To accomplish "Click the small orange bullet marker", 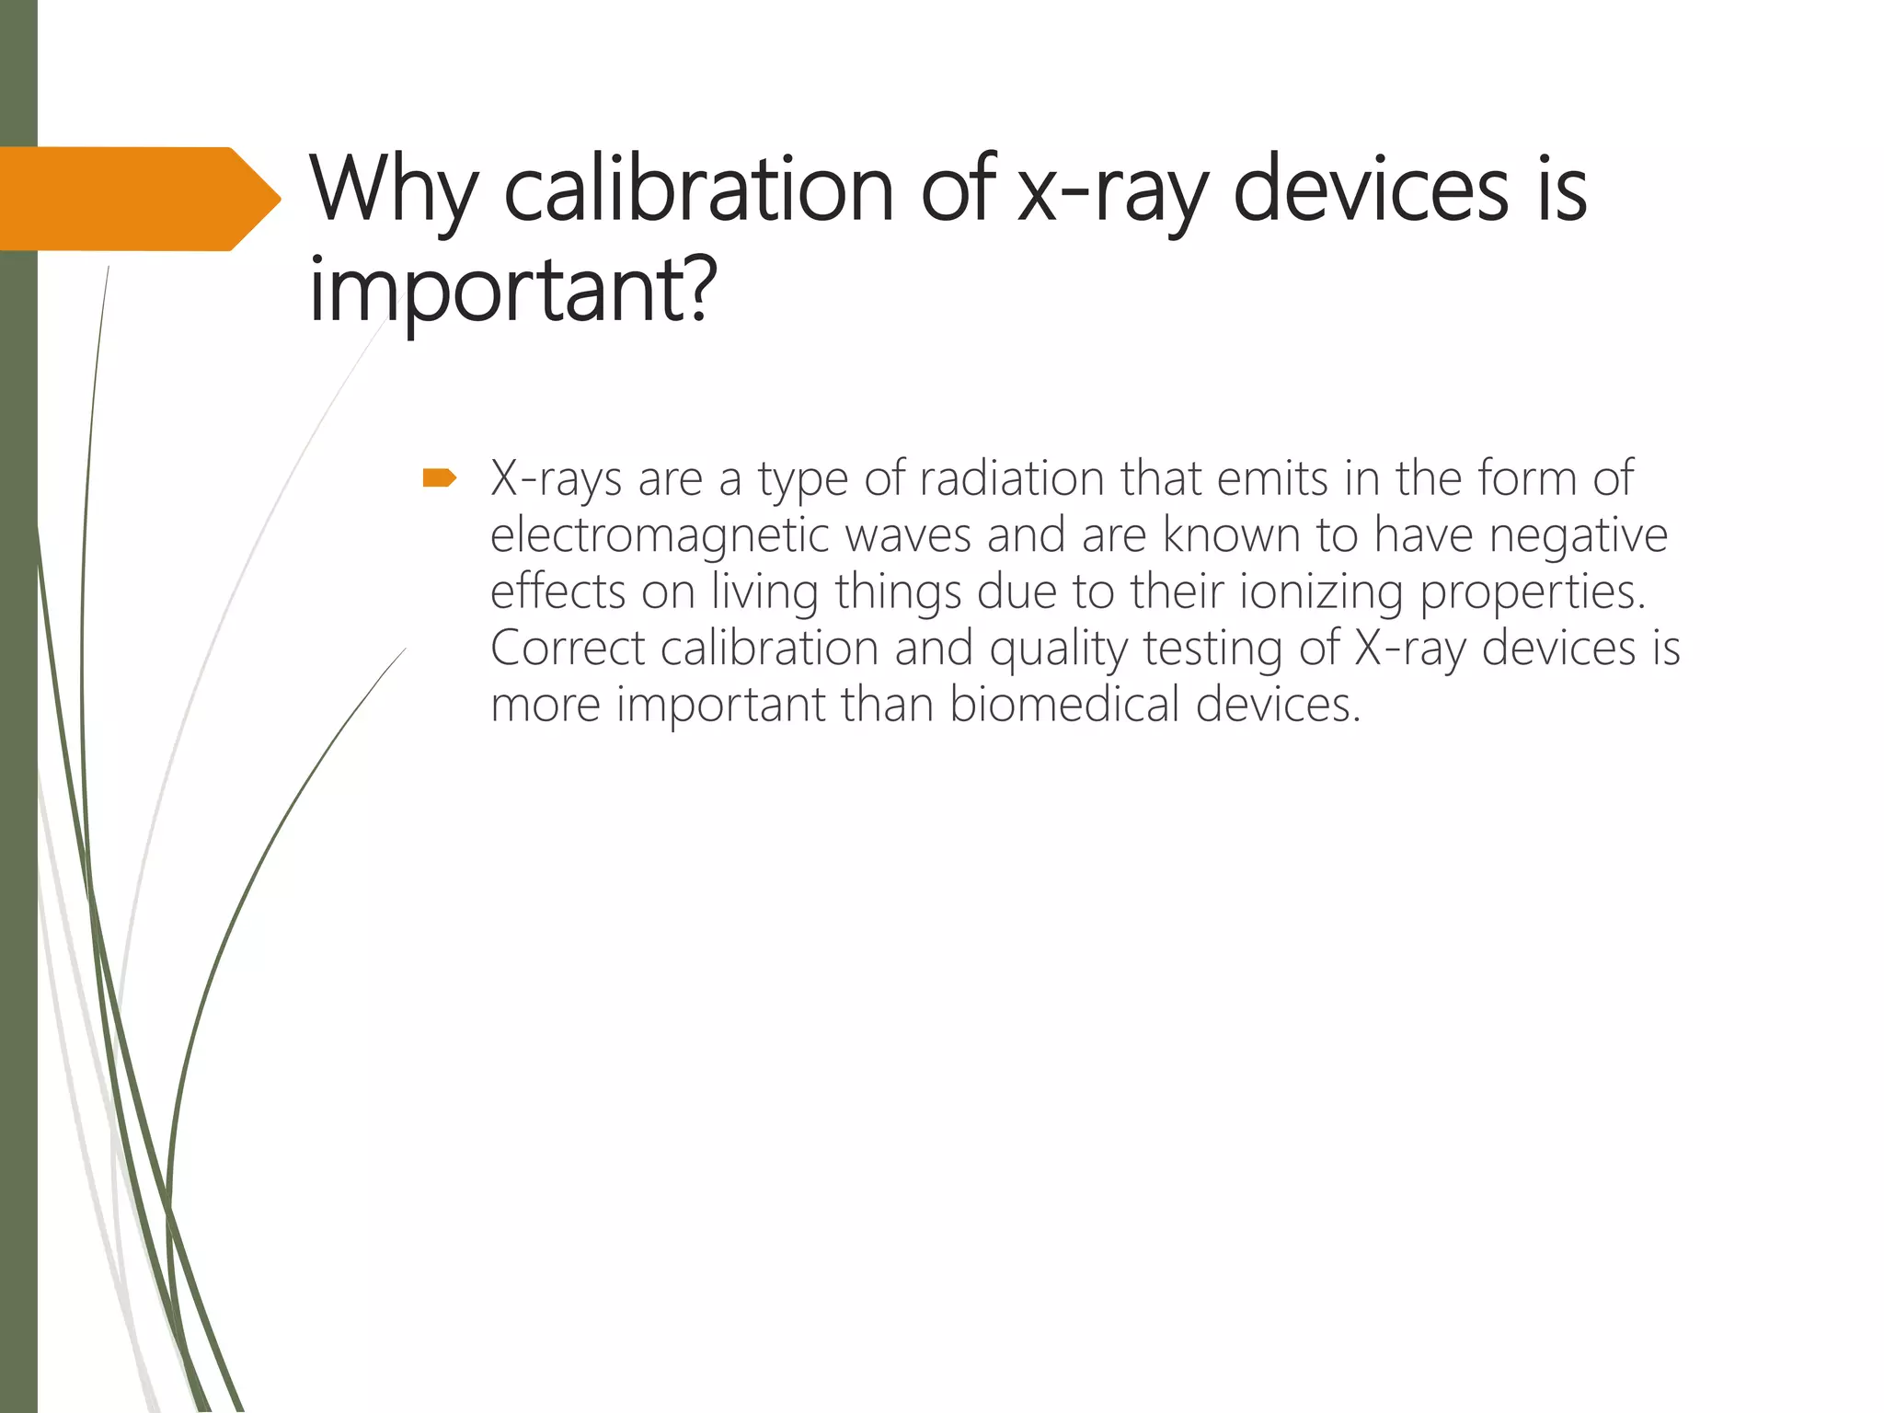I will (x=439, y=477).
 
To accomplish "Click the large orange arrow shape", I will (x=138, y=199).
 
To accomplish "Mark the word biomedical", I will (x=1063, y=705).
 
